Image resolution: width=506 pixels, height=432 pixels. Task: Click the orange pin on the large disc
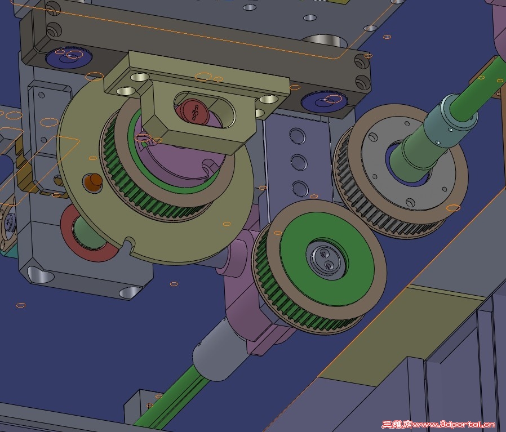(93, 181)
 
